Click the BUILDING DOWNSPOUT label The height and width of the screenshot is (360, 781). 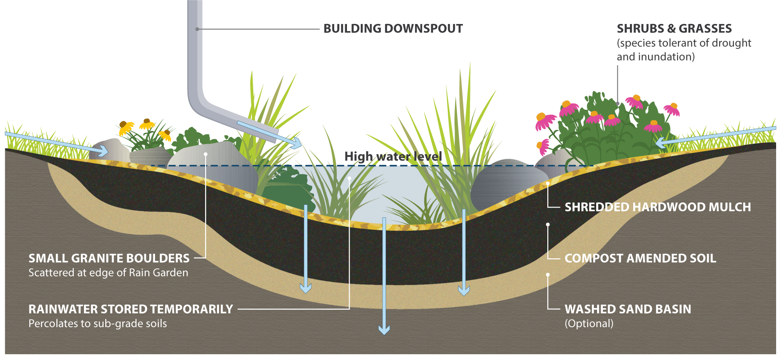tap(393, 29)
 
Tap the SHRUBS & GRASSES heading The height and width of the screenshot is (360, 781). tap(674, 29)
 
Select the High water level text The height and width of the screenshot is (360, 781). tap(393, 156)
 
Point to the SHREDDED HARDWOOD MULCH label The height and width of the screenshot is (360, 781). tap(658, 207)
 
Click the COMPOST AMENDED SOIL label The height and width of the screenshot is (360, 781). tap(640, 258)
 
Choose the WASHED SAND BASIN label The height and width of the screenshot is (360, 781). tap(628, 309)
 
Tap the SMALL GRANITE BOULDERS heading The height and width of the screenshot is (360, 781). tap(109, 258)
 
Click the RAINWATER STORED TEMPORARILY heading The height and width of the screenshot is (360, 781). tap(131, 309)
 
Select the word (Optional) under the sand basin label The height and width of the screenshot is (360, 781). tap(589, 324)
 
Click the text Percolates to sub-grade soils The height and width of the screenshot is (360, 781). tap(98, 324)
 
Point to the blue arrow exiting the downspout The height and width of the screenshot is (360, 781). tap(269, 134)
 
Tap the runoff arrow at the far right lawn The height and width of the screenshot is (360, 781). tap(716, 137)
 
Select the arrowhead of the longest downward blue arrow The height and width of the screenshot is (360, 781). tap(384, 329)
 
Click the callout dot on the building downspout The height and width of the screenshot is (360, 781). tap(197, 29)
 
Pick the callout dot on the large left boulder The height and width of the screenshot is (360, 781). tap(206, 154)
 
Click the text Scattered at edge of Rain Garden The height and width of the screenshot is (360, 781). tap(108, 273)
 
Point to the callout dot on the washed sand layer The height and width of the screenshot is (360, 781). tap(548, 275)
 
